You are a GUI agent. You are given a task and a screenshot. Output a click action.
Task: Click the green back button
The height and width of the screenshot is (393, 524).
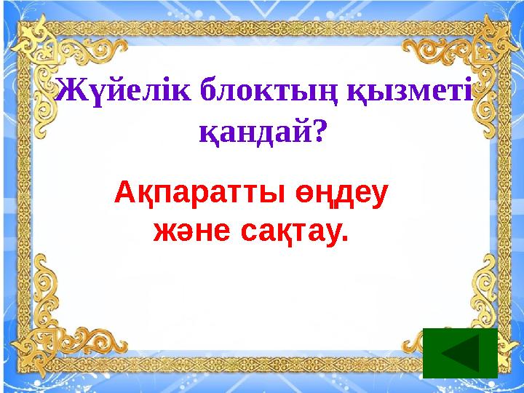click(459, 353)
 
